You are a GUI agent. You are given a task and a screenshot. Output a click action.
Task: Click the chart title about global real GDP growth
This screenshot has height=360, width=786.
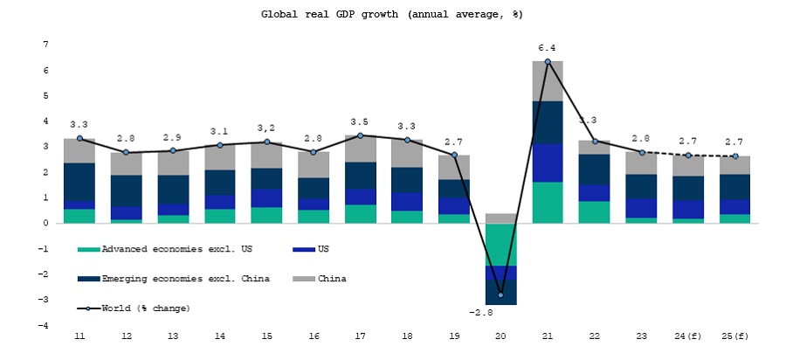tap(392, 14)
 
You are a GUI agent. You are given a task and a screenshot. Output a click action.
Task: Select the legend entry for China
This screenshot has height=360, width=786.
tap(332, 280)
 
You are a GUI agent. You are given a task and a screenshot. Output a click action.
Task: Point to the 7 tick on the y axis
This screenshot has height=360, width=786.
tap(45, 44)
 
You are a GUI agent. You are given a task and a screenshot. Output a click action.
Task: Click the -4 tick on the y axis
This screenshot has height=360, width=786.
tap(44, 326)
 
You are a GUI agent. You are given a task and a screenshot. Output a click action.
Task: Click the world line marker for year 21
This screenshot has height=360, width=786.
tap(548, 62)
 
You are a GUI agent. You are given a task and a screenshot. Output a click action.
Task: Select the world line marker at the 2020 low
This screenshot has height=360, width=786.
tap(501, 294)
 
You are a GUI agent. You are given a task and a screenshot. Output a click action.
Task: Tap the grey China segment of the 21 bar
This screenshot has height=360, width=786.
tap(548, 81)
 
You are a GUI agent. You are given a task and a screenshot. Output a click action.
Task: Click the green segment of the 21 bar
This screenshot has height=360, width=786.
tap(548, 202)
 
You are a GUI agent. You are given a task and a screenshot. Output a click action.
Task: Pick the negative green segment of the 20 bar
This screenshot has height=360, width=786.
tap(501, 245)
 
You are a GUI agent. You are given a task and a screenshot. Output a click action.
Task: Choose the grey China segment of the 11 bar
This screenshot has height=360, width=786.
tap(79, 151)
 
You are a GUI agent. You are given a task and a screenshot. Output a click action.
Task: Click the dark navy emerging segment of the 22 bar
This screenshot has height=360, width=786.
tap(595, 169)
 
